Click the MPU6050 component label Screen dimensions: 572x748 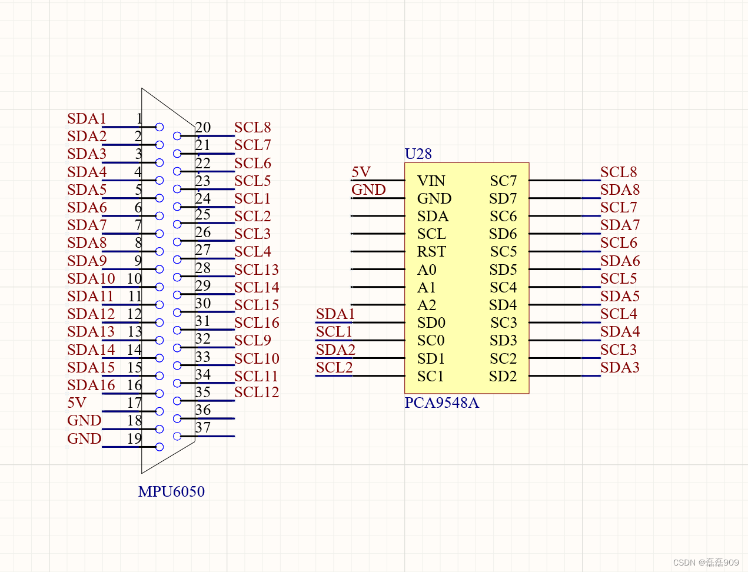pos(171,491)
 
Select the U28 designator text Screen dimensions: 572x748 pos(418,154)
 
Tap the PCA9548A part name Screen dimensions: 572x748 pos(441,403)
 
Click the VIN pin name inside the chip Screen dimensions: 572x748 pos(431,181)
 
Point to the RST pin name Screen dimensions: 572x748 pos(431,252)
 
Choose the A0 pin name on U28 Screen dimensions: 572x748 pos(427,270)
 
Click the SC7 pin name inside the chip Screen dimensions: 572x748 pos(503,181)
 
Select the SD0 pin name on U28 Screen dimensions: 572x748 pos(431,323)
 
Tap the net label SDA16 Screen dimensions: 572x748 pos(91,385)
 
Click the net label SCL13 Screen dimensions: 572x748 pos(257,270)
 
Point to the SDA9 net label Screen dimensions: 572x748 pos(87,261)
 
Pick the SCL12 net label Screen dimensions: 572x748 pos(257,392)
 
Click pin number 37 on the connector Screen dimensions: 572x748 pos(203,428)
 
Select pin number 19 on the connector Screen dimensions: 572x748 pos(134,438)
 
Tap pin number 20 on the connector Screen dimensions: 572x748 pos(203,127)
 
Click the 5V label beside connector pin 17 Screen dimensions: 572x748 pos(77,403)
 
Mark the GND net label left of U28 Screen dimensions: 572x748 pos(368,190)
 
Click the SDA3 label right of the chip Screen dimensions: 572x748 pos(620,368)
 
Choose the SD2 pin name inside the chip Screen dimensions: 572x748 pos(503,377)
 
